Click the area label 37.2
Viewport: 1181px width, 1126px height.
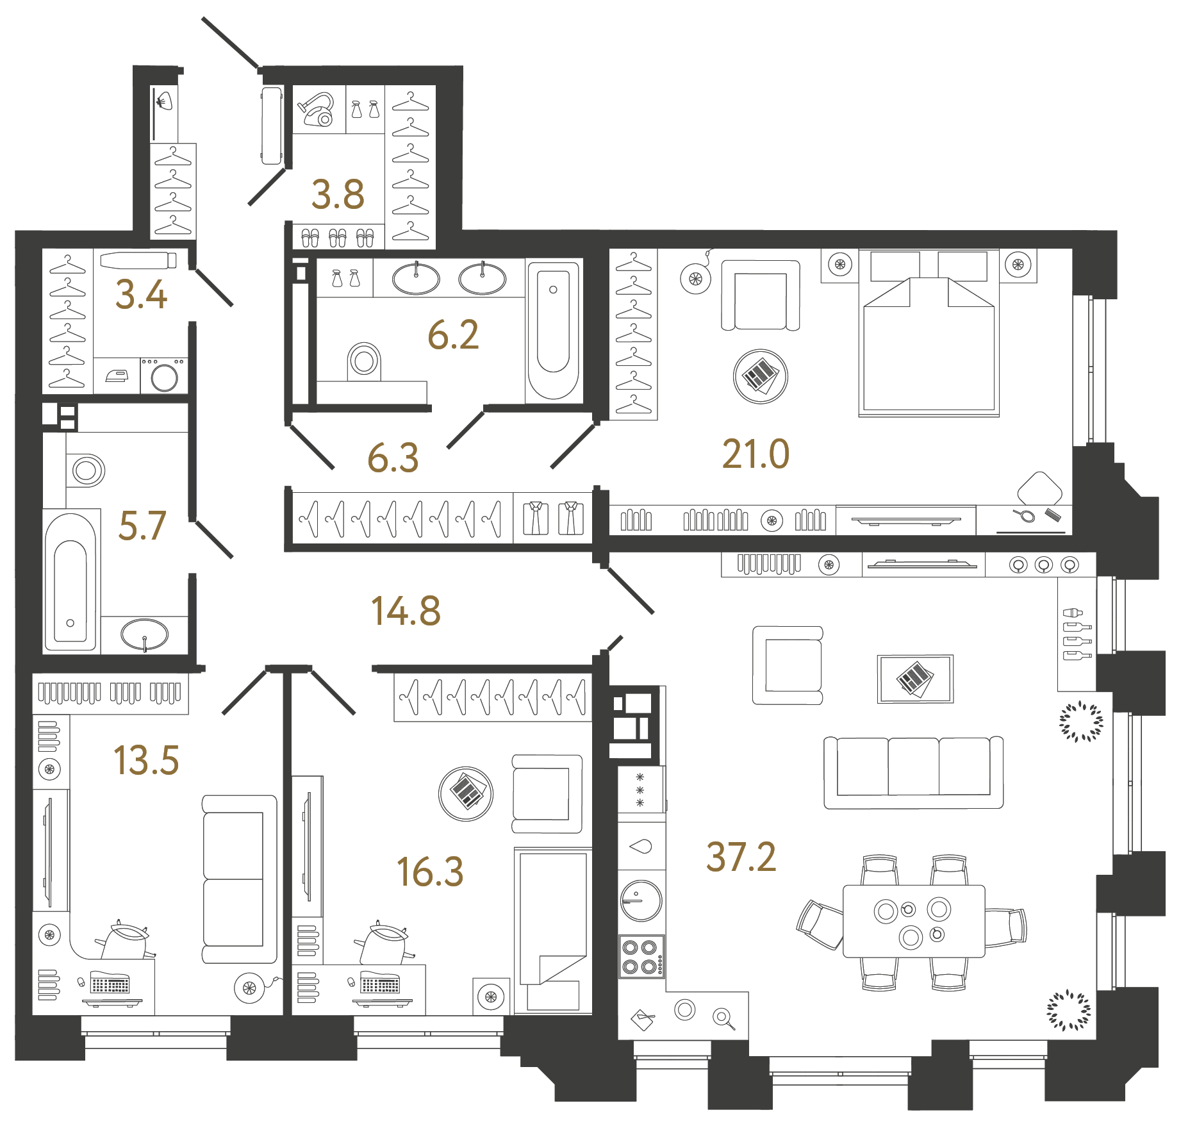(741, 857)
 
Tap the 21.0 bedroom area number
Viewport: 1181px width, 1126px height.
(756, 454)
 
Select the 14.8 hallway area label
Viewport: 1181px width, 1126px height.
(406, 611)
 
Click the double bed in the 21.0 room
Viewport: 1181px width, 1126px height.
(929, 346)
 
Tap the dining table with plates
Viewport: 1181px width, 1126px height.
(913, 921)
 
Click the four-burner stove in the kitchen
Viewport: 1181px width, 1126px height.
(641, 956)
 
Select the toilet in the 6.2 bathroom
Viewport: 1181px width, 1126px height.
(363, 361)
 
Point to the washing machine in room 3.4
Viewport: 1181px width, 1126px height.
(165, 376)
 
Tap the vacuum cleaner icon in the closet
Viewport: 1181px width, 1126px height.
(318, 110)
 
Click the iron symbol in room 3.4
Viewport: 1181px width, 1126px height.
(117, 376)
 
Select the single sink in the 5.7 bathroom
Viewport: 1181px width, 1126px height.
(145, 634)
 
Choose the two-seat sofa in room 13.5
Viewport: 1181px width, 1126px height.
(238, 879)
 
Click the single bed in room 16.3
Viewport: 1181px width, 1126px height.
(553, 929)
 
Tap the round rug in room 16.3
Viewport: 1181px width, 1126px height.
(466, 793)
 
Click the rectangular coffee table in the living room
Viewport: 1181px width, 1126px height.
(915, 679)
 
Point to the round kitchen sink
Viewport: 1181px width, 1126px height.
(641, 900)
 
